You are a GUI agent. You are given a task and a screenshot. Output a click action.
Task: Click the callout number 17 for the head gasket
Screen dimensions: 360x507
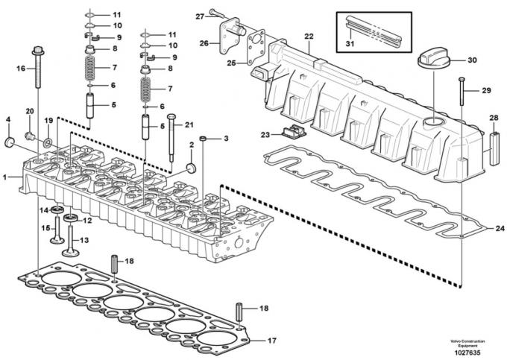click(x=271, y=341)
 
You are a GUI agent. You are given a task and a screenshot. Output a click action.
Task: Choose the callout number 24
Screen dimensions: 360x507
click(x=500, y=229)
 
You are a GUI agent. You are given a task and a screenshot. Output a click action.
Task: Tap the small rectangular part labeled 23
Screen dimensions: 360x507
click(x=292, y=134)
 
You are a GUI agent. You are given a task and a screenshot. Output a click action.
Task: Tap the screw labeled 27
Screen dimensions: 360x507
click(x=216, y=13)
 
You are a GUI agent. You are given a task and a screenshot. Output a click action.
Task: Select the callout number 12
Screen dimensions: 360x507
click(x=86, y=221)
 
